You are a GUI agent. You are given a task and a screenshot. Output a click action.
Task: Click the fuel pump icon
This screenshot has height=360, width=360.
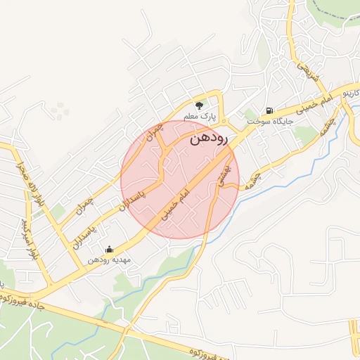[270, 110]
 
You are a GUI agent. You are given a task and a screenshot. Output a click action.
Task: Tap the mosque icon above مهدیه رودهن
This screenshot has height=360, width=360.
[109, 249]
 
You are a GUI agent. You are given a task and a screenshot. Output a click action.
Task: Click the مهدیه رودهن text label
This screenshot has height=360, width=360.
[110, 259]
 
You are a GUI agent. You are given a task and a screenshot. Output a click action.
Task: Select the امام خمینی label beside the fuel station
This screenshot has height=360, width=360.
[309, 104]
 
